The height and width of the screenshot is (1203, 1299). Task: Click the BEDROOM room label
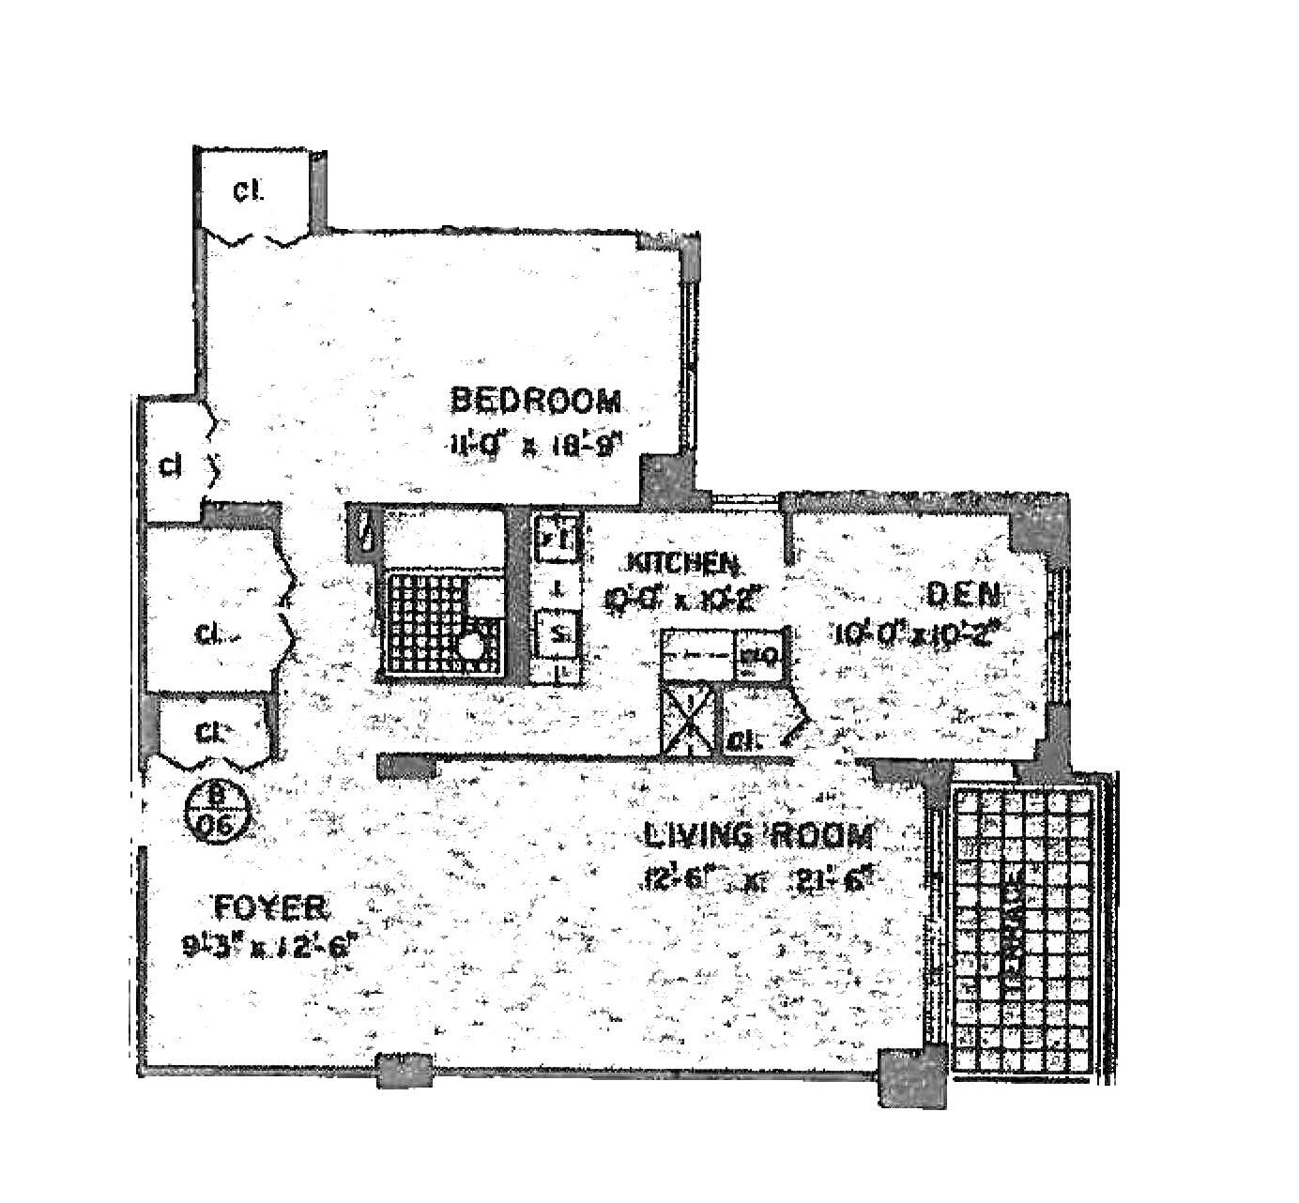536,401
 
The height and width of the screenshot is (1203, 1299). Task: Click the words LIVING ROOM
758,834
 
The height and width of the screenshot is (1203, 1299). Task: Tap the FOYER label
270,908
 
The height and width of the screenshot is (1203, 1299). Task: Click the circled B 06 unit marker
218,812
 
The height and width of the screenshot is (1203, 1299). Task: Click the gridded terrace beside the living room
1024,930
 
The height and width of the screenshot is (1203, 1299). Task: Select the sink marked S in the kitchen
556,632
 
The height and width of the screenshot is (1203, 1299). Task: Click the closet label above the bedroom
249,192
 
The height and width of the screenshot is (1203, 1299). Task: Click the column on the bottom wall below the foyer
405,1070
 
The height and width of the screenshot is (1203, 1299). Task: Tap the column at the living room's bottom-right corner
911,1077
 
